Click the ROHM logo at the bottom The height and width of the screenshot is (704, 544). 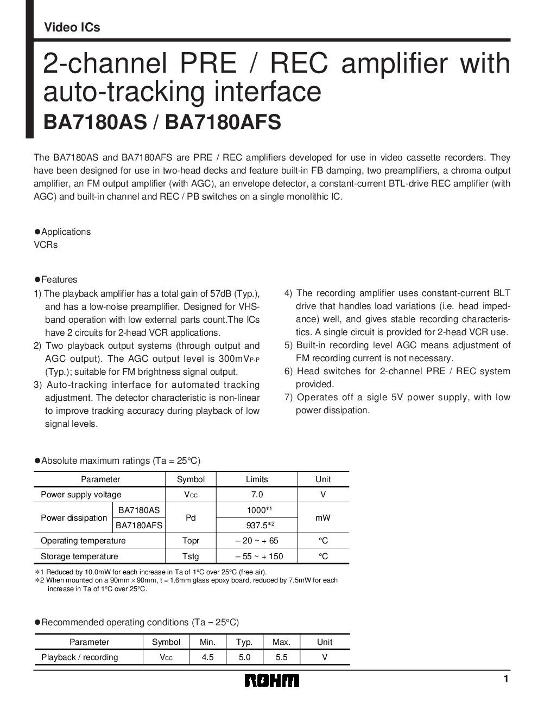[x=271, y=681]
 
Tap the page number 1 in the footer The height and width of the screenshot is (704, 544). [x=505, y=679]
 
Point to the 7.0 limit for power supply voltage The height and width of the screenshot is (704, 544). [x=257, y=495]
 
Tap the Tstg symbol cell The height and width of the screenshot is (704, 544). [x=191, y=556]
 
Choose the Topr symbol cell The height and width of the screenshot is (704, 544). [x=191, y=541]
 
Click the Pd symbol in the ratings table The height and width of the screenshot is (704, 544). [x=191, y=518]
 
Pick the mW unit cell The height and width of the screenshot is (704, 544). [x=323, y=518]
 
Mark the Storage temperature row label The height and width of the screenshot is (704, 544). [x=79, y=556]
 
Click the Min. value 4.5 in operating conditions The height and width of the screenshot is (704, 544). [x=207, y=657]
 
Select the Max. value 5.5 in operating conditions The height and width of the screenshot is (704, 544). [x=281, y=657]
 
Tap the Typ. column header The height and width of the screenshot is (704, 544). [x=244, y=642]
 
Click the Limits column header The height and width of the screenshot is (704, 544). [x=257, y=479]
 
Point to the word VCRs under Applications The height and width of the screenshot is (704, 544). [x=46, y=245]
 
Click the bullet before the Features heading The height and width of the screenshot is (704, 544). [x=37, y=279]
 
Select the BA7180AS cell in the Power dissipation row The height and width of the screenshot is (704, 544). [x=139, y=510]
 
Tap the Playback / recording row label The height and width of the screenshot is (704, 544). [x=80, y=657]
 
